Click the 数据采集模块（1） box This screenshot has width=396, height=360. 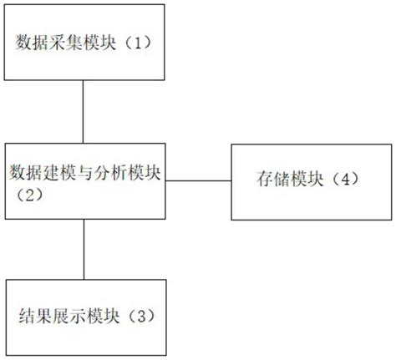[x=83, y=41]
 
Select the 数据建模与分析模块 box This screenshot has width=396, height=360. [x=83, y=180]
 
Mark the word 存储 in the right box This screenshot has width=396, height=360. [x=267, y=180]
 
